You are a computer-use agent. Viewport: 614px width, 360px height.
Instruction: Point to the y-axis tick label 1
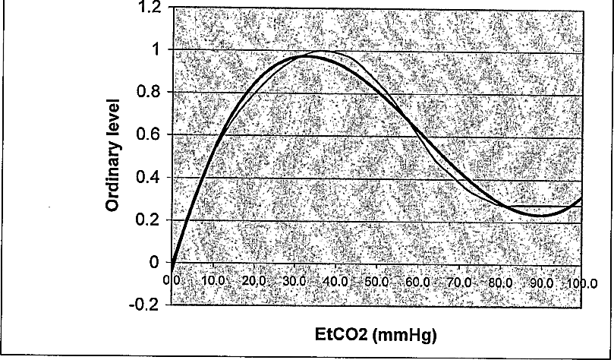156,50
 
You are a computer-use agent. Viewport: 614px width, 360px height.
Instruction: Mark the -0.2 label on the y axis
144,305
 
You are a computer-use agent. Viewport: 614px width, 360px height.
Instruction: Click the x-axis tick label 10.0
213,281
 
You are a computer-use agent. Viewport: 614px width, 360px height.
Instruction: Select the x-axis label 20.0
254,281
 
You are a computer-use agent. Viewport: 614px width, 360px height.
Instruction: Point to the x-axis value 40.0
335,281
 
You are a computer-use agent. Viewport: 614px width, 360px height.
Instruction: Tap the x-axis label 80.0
499,282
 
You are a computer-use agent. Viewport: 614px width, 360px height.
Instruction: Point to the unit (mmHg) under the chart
405,336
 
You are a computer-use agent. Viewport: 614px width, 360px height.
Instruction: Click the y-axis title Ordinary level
112,155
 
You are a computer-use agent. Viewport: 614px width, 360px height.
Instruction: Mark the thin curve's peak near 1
324,51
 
